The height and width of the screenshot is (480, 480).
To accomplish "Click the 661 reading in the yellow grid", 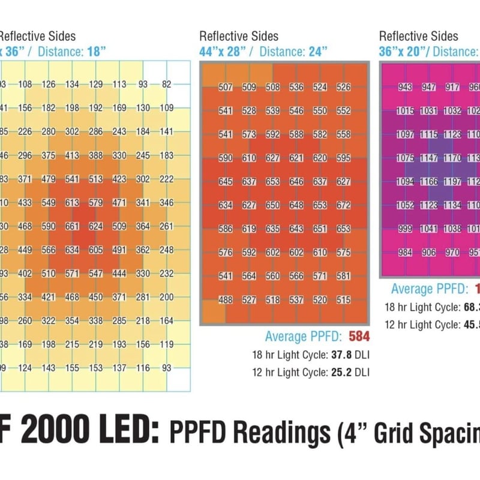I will click(73, 227).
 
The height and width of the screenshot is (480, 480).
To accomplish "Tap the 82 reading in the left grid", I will click(166, 85).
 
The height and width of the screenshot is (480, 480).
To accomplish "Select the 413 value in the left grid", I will click(73, 155).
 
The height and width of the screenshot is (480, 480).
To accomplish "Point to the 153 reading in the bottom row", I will click(96, 367).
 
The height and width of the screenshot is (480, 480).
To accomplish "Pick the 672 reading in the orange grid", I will click(344, 205).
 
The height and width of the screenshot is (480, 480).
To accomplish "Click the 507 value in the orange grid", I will click(226, 87).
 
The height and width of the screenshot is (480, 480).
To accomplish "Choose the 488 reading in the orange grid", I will click(226, 300).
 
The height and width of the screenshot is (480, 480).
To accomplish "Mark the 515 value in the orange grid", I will click(344, 300).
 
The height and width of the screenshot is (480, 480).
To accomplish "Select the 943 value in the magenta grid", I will click(406, 87).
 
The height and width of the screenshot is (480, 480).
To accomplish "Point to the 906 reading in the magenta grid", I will click(429, 253).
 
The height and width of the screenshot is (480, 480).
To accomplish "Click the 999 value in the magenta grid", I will click(406, 229).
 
